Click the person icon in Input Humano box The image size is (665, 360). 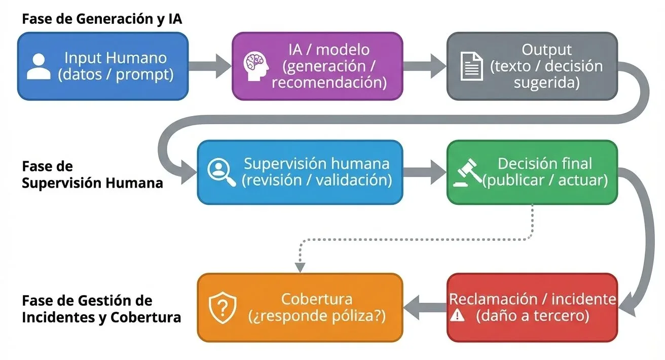(39, 66)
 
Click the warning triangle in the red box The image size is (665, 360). (457, 316)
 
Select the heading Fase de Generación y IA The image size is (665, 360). (102, 20)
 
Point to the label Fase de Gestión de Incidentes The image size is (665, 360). (101, 309)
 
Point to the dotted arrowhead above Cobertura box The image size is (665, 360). (300, 267)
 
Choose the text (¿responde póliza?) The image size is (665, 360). (317, 316)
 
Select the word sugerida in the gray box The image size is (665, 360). (546, 83)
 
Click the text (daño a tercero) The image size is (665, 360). (532, 316)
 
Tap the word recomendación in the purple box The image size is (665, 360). (329, 83)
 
